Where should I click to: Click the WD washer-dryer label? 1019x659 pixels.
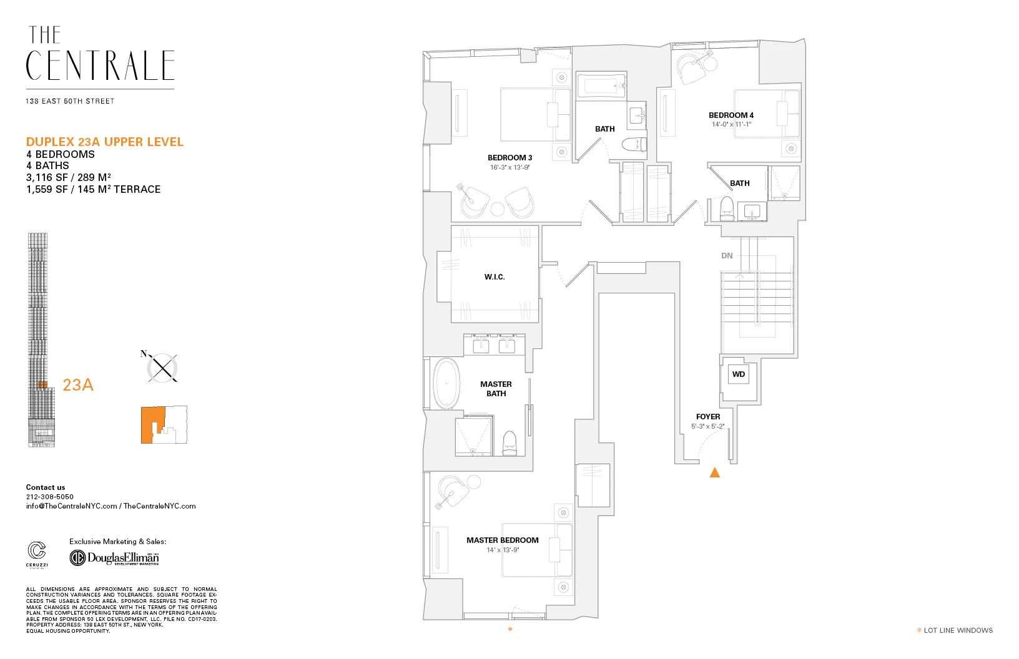739,374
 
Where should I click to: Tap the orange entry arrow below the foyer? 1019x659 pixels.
715,473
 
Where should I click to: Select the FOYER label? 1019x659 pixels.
708,417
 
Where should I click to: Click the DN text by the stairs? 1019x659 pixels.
727,256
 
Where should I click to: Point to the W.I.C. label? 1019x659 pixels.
495,277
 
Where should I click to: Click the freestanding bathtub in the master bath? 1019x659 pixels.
446,384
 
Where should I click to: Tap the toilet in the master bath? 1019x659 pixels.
510,442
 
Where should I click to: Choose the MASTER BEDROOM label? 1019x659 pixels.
502,540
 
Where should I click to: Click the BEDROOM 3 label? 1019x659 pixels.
509,158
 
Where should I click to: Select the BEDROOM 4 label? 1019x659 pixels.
731,115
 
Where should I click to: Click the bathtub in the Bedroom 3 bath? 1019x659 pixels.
601,86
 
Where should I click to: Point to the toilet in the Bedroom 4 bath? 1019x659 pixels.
727,208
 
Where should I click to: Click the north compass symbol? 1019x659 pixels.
162,368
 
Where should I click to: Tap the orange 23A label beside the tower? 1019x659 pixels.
78,385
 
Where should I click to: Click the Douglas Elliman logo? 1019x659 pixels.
114,557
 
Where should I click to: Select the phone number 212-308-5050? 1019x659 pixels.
50,497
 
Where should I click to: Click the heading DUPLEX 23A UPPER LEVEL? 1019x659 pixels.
105,142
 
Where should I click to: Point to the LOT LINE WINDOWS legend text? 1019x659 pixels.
958,630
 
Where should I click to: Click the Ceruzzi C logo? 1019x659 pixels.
37,551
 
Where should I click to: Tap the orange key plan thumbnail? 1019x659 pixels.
164,425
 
